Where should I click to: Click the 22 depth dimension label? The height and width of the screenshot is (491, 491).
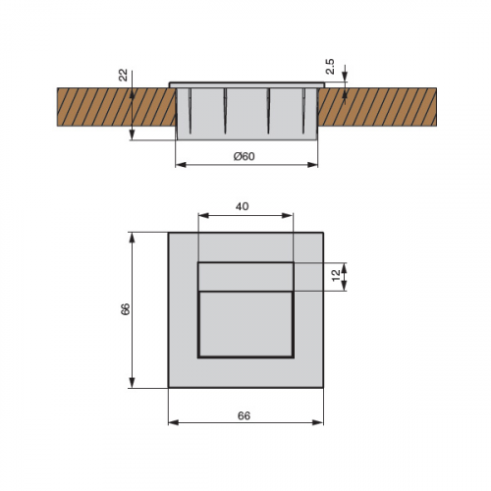tap(123, 76)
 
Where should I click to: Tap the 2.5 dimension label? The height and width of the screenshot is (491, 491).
tap(330, 67)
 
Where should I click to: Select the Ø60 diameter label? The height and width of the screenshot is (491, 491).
tap(245, 156)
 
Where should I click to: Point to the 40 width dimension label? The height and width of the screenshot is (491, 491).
tap(243, 206)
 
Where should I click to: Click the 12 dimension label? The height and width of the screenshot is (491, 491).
tap(336, 276)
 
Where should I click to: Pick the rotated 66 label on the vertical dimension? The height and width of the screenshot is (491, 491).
tap(125, 309)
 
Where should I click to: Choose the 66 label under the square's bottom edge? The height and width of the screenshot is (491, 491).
tap(245, 415)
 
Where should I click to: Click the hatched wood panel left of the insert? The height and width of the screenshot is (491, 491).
tap(117, 107)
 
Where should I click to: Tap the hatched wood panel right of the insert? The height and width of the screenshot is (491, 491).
tap(377, 107)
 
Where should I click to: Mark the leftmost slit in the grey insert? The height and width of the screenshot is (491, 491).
tap(190, 111)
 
